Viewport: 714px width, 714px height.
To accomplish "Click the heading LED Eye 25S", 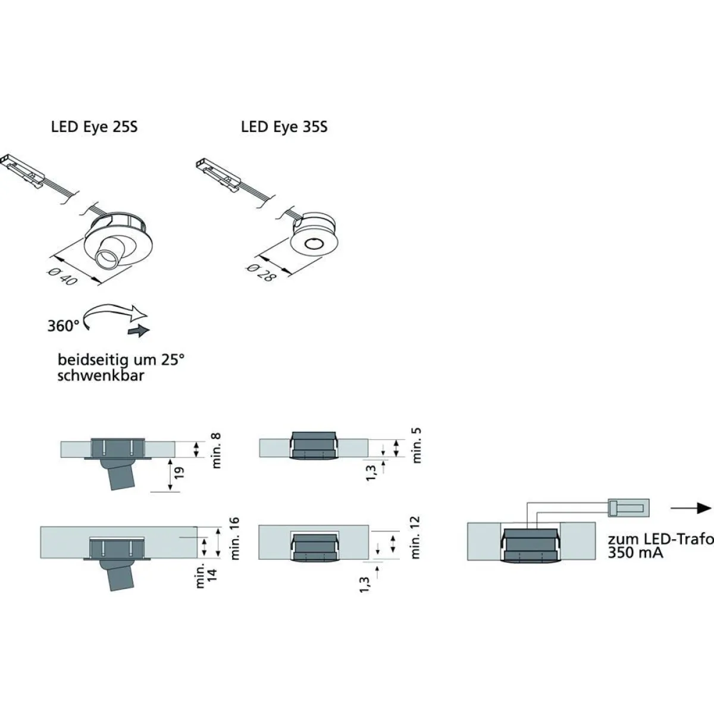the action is (94, 127).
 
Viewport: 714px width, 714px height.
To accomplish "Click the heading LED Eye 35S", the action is (284, 127).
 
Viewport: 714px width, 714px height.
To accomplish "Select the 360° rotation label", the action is (63, 326).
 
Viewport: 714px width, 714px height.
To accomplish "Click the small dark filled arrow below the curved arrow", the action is (139, 330).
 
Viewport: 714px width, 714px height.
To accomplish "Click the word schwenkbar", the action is (101, 375).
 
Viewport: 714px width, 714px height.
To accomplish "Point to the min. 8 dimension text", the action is (215, 450).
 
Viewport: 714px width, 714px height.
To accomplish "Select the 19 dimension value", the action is (179, 473).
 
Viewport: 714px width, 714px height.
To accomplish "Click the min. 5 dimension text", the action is (416, 445).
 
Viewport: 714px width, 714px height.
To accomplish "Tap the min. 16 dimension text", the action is (234, 538).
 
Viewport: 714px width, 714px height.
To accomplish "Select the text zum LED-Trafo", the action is (660, 538).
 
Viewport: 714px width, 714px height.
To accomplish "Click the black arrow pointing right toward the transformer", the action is (691, 508).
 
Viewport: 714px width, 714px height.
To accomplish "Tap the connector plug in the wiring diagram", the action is (628, 508).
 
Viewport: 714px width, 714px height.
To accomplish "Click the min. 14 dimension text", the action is (206, 575).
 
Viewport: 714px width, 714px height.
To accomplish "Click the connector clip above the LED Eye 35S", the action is (219, 176).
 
